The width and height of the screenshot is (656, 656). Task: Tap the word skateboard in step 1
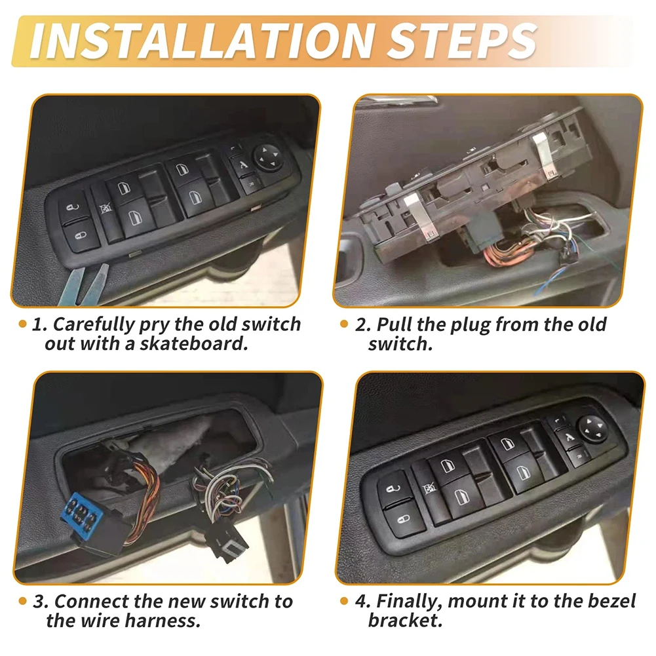tap(194, 343)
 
